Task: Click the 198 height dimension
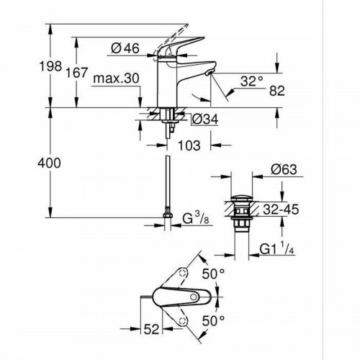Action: [50, 66]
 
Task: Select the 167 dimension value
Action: [77, 73]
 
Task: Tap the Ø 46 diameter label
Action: [125, 48]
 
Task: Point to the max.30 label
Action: [116, 78]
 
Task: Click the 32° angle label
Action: [252, 81]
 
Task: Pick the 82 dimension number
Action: [277, 91]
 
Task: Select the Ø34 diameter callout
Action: [205, 119]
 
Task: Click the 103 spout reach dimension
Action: [189, 145]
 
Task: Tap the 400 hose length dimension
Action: [49, 163]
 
